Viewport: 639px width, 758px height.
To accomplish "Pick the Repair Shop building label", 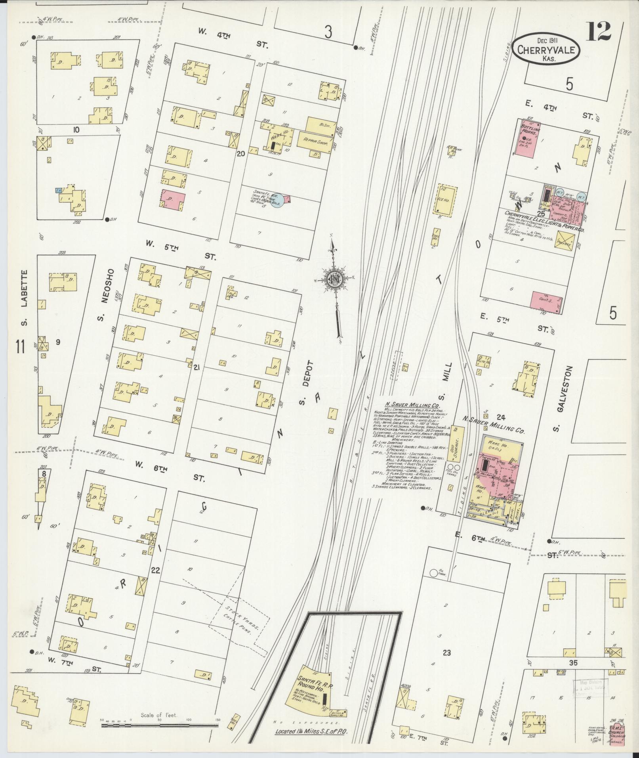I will coord(317,140).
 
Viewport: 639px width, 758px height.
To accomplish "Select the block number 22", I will coord(155,571).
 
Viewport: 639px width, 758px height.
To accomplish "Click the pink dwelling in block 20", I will coord(173,199).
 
